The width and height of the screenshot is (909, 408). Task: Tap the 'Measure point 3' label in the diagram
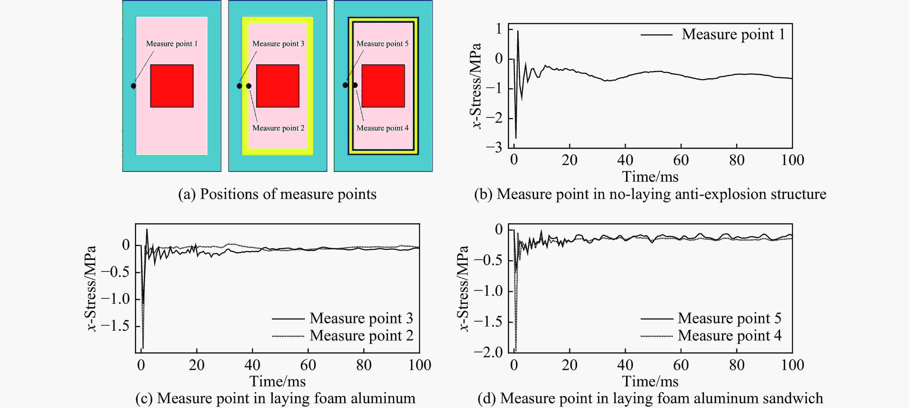278,44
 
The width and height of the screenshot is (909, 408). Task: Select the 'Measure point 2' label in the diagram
278,128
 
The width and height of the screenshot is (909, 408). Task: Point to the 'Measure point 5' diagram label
383,44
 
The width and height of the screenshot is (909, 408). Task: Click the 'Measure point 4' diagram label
383,128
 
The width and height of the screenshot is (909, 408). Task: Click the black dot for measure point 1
133,86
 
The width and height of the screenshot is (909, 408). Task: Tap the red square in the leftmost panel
172,86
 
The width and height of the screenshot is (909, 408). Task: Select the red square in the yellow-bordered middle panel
278,86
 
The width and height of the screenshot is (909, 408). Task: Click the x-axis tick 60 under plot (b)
681,161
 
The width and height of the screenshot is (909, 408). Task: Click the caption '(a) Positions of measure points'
277,194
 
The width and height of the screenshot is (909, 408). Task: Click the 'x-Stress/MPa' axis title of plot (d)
463,288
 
